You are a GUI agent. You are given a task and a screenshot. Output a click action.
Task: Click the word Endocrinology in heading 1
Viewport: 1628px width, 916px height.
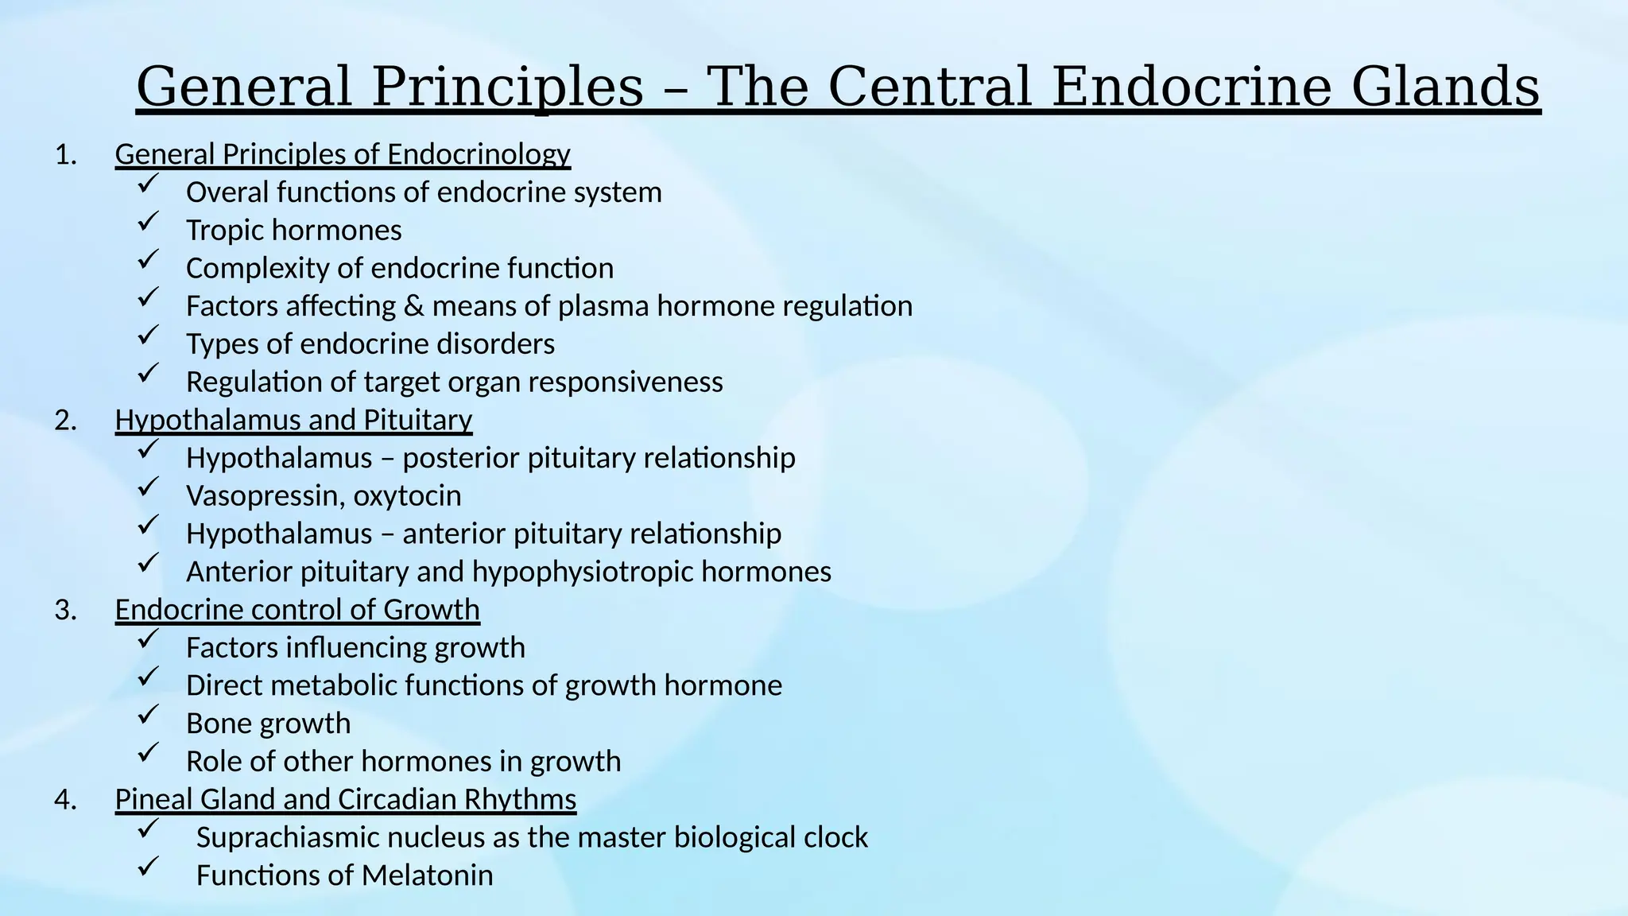479,154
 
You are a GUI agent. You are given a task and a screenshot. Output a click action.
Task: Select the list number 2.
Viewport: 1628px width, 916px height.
65,420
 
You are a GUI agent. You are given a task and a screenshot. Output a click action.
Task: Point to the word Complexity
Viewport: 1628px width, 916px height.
258,269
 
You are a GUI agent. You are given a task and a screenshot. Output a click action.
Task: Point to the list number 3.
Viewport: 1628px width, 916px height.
65,610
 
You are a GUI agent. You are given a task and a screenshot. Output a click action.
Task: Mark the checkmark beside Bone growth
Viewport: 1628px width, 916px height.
148,716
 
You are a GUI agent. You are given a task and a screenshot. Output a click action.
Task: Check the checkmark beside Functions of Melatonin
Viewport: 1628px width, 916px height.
148,867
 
